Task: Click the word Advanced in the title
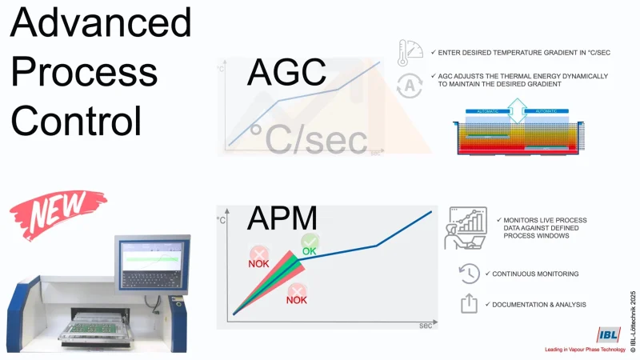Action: tap(101, 24)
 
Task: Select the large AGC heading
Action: tap(287, 71)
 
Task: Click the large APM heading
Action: tap(282, 218)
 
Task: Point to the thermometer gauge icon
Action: tap(410, 52)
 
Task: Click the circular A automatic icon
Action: tap(410, 85)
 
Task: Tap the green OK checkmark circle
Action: tap(310, 242)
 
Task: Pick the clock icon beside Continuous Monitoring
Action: tap(469, 274)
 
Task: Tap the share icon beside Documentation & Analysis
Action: tap(469, 304)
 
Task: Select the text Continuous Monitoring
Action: tap(535, 274)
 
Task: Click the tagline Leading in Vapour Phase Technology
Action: tap(586, 350)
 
